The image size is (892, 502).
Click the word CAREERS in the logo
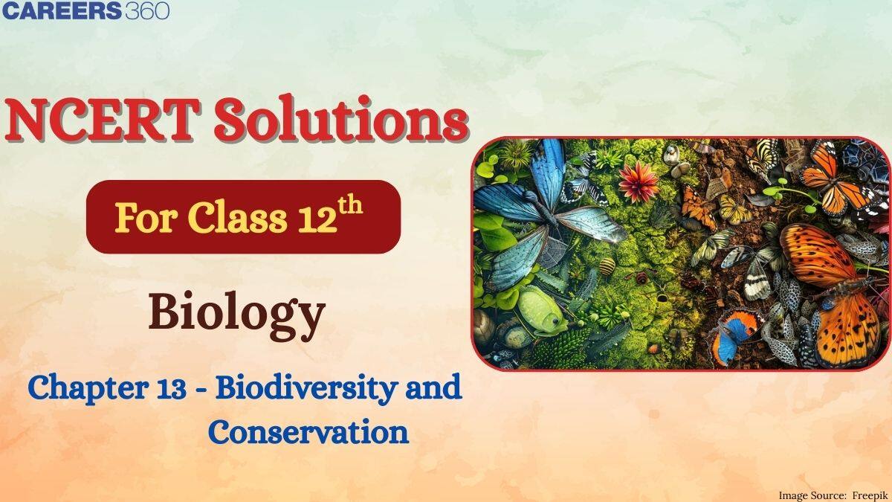point(61,10)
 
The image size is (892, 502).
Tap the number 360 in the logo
point(147,10)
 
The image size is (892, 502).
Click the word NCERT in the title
point(103,120)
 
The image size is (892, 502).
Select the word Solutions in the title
point(340,118)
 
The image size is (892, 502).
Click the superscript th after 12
point(349,206)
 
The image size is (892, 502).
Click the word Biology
point(237,317)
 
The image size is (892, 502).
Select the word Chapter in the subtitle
point(88,388)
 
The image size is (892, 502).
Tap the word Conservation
point(308,432)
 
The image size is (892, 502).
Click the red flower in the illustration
point(639,181)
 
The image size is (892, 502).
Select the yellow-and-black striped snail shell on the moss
point(607,266)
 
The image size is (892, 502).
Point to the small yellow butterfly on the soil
point(734,209)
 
